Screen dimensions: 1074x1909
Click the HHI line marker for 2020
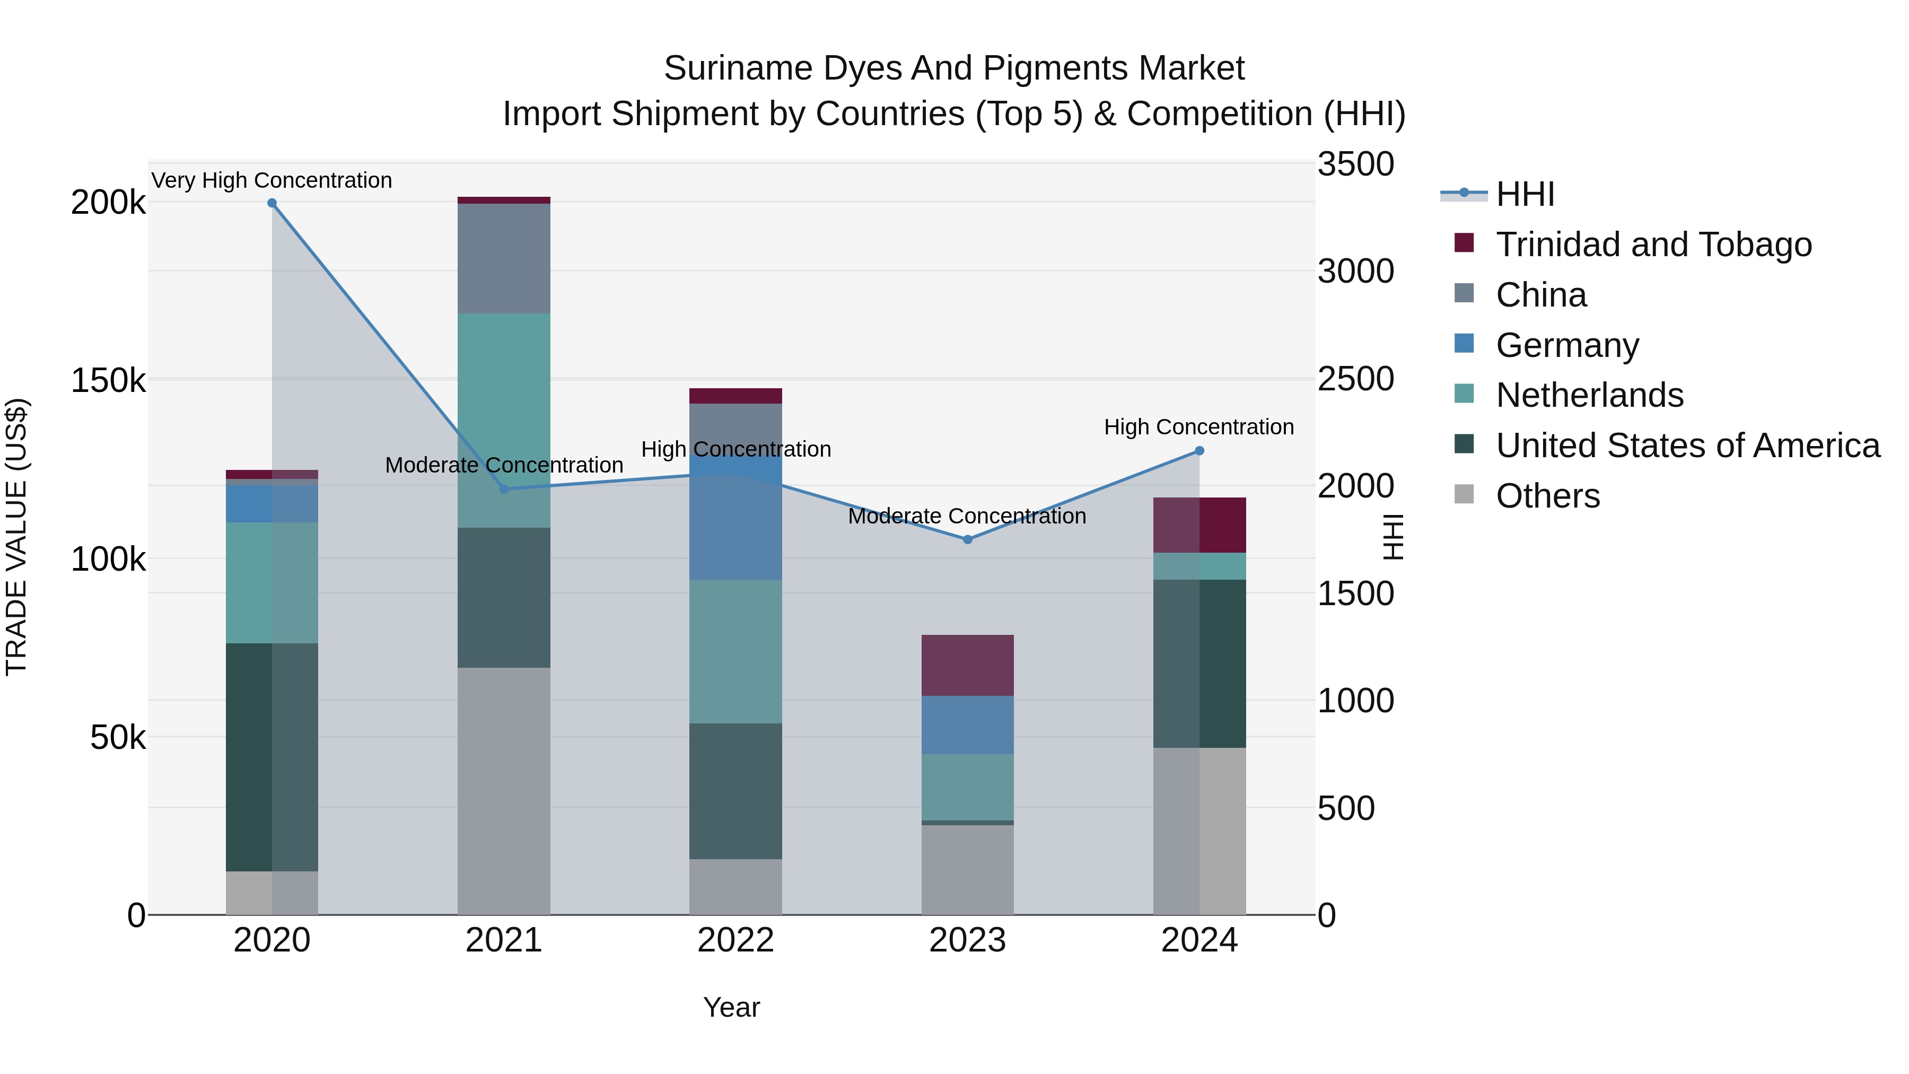point(272,203)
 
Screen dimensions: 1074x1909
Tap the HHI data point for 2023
point(967,539)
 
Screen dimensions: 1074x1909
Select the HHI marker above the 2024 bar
point(1199,451)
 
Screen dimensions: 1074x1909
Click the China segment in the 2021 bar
point(504,258)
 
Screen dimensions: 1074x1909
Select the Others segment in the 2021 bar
point(504,790)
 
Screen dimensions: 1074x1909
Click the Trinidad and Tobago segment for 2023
point(967,665)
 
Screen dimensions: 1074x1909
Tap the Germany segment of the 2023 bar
point(967,725)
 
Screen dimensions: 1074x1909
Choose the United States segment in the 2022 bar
point(735,791)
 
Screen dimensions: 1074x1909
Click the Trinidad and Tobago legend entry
point(1652,245)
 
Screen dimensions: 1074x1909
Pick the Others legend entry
point(1547,496)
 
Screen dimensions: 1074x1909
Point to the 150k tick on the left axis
point(108,381)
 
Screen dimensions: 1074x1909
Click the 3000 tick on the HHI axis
point(1355,271)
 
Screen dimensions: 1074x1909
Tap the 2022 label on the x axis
point(735,940)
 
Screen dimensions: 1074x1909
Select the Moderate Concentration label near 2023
point(967,516)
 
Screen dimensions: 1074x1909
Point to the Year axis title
point(731,1007)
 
